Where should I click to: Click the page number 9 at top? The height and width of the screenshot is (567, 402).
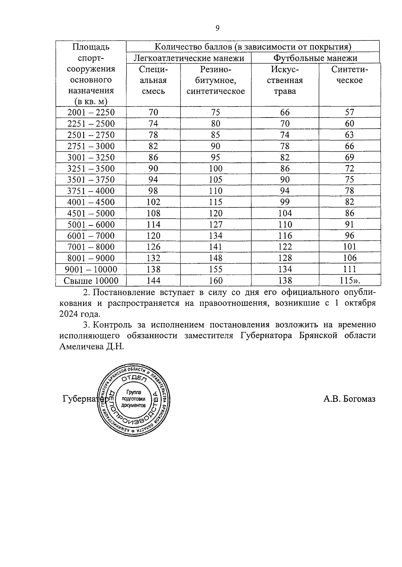click(217, 28)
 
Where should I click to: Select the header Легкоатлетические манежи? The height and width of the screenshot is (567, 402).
click(189, 58)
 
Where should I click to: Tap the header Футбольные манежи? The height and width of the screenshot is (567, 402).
click(315, 58)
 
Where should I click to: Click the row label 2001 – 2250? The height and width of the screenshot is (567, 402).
click(91, 112)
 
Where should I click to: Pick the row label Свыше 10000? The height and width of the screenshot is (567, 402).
click(91, 281)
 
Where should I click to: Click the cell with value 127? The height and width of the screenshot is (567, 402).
click(215, 224)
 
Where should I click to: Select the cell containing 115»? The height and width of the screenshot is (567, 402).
click(349, 281)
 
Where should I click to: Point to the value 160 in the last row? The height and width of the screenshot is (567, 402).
click(215, 281)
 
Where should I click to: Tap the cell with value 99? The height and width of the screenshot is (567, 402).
click(285, 202)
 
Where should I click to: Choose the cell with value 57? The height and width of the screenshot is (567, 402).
click(349, 112)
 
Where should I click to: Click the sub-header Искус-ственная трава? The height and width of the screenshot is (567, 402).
click(285, 80)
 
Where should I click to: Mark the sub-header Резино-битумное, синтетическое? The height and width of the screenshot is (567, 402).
click(215, 80)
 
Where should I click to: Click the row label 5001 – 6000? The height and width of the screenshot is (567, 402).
click(91, 224)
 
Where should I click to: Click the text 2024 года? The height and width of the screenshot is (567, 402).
click(80, 314)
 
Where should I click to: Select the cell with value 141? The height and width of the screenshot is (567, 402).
click(215, 247)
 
